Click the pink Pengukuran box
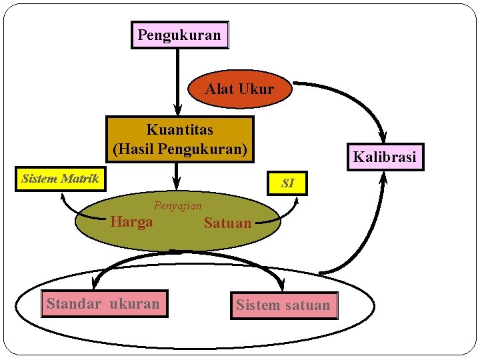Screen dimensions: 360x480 pyautogui.click(x=179, y=35)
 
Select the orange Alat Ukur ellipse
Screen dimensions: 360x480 pyautogui.click(x=240, y=89)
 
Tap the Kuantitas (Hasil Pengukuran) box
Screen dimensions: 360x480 pyautogui.click(x=180, y=139)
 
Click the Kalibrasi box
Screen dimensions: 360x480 pyautogui.click(x=384, y=157)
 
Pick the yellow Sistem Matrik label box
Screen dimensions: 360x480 pyautogui.click(x=61, y=179)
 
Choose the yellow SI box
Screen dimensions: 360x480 pyautogui.click(x=288, y=183)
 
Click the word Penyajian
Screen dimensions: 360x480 pyautogui.click(x=177, y=206)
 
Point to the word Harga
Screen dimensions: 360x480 pyautogui.click(x=131, y=222)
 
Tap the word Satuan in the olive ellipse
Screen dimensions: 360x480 pyautogui.click(x=228, y=223)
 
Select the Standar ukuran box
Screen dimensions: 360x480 pyautogui.click(x=103, y=305)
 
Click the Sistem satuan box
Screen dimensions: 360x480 pyautogui.click(x=283, y=305)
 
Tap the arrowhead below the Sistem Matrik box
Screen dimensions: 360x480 pyautogui.click(x=63, y=197)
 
